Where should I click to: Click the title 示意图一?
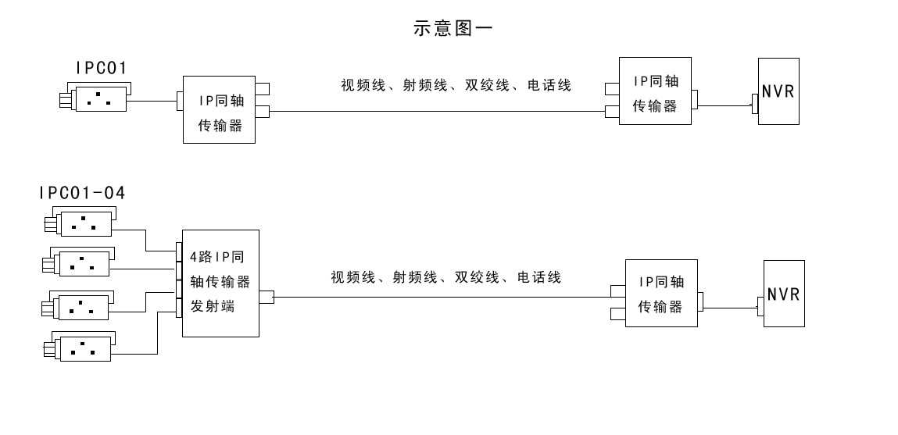click(x=453, y=28)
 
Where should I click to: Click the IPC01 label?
click(x=102, y=69)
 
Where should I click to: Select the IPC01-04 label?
click(x=82, y=192)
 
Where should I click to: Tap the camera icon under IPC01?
click(x=94, y=99)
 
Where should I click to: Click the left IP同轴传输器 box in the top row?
click(x=220, y=109)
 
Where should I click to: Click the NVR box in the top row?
click(x=778, y=91)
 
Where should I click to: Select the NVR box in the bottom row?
click(x=783, y=294)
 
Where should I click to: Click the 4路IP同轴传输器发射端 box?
click(x=220, y=283)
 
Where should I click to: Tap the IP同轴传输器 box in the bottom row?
click(x=660, y=294)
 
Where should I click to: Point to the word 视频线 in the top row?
click(x=363, y=85)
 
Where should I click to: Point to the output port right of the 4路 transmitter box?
click(x=267, y=297)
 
